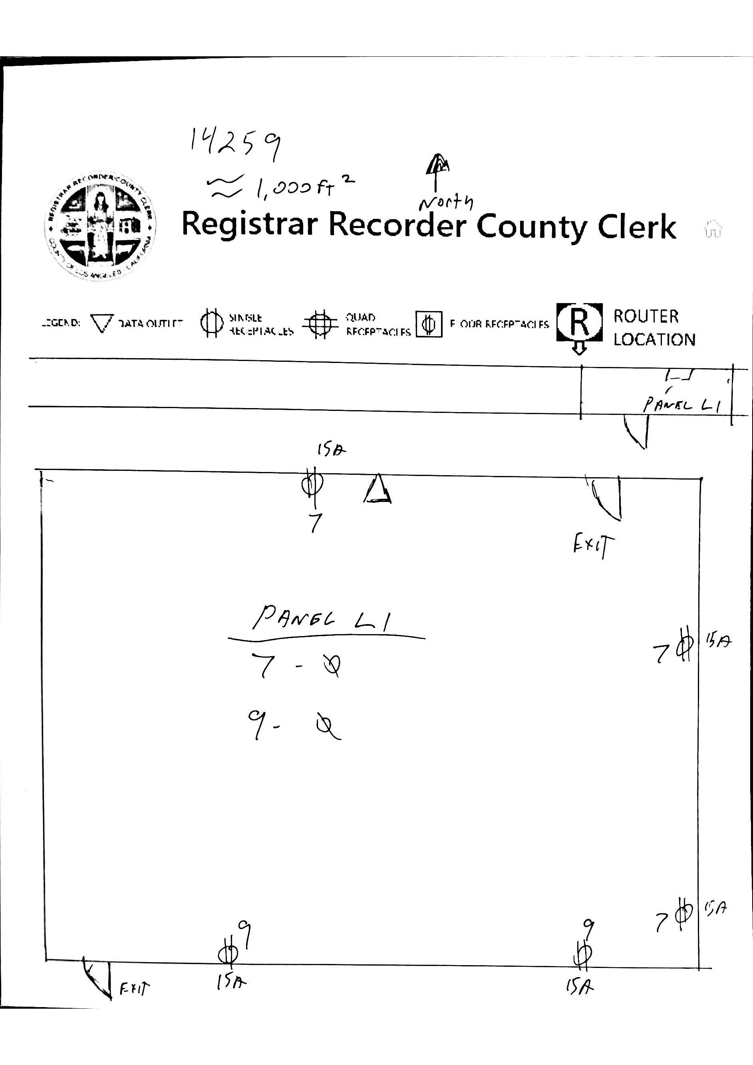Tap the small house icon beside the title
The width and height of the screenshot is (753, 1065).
click(713, 229)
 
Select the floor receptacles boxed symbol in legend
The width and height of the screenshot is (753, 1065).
click(429, 324)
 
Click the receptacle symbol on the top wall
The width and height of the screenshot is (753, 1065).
click(312, 485)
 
